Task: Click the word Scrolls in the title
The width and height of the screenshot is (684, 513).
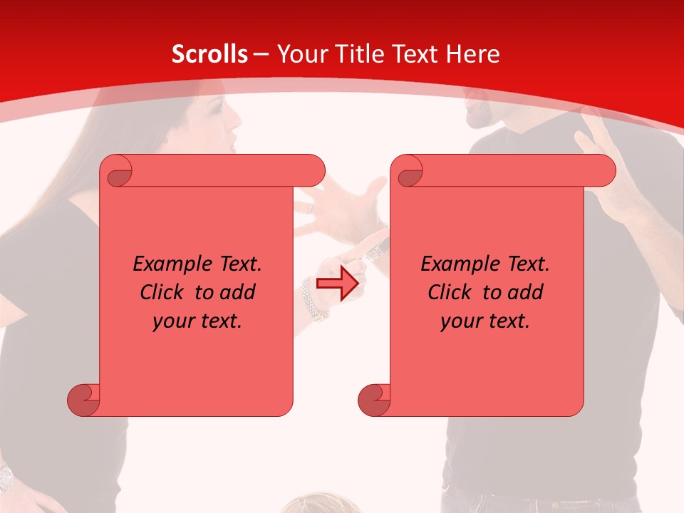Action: (209, 54)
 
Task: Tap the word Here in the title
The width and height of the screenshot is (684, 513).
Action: (472, 54)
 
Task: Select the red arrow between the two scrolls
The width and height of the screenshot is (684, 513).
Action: (337, 284)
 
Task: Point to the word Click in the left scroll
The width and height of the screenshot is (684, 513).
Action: (162, 292)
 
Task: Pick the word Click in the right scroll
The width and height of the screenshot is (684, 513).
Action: (450, 292)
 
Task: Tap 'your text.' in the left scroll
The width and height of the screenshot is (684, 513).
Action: (197, 321)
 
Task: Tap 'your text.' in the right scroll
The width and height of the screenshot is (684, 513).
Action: (485, 321)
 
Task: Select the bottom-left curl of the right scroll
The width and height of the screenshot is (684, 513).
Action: (374, 400)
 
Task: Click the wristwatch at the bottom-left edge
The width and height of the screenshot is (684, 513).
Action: (6, 476)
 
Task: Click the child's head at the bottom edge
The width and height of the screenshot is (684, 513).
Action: (313, 504)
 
